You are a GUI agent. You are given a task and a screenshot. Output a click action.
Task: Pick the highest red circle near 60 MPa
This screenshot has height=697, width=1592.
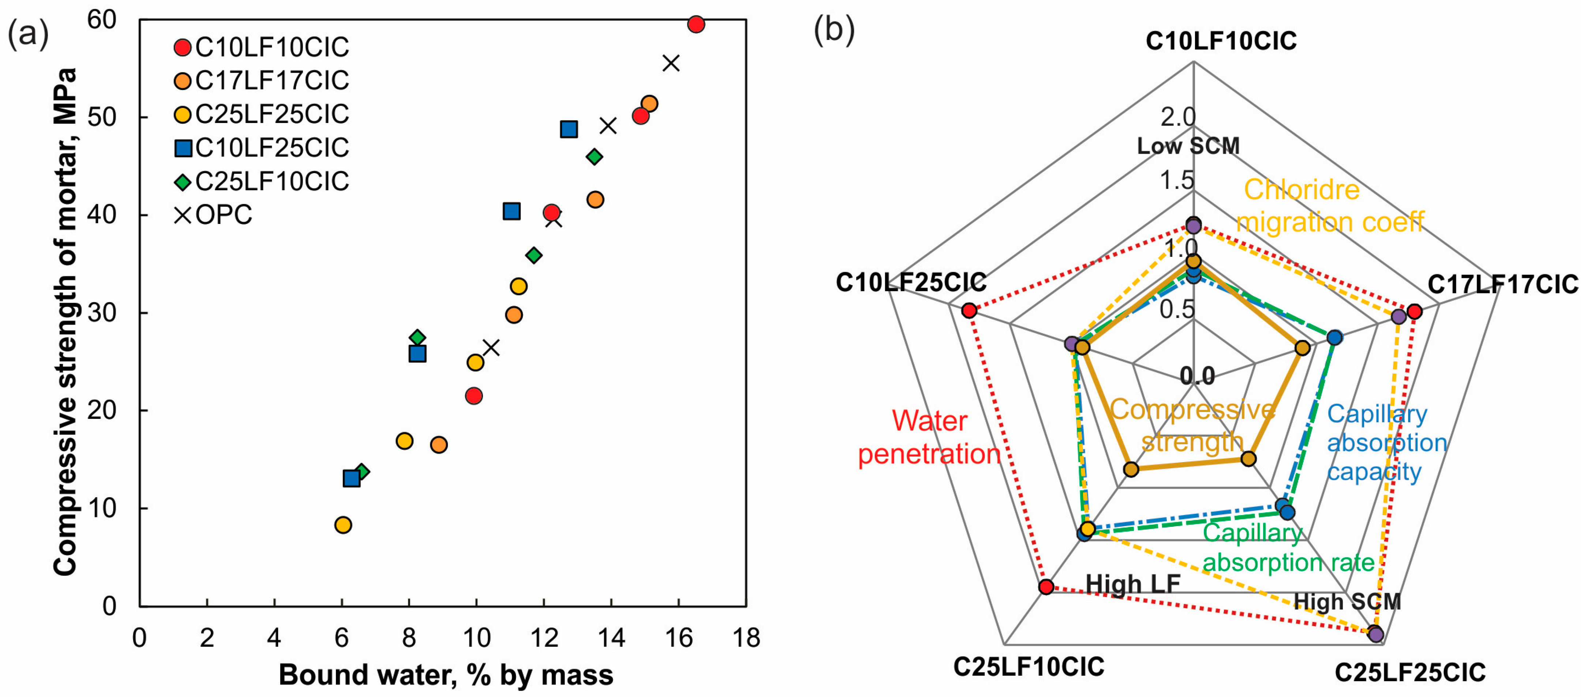(696, 24)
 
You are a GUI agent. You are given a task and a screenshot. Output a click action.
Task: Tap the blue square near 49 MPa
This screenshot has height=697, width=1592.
(569, 129)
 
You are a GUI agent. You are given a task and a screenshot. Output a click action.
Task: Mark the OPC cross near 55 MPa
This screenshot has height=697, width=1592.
(671, 63)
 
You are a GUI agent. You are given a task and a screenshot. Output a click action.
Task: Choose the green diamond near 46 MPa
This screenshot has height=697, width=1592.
(595, 157)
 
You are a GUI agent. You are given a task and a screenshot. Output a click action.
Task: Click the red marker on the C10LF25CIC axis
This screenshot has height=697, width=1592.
(969, 310)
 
